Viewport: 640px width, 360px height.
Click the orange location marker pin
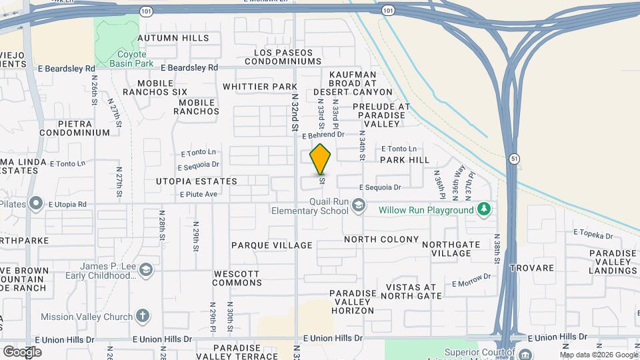pos(321,159)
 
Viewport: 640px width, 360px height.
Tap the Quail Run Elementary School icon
pos(359,205)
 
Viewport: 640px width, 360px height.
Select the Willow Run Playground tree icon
pos(484,210)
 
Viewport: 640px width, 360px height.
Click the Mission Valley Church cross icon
pos(142,316)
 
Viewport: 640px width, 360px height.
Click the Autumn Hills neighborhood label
pos(173,39)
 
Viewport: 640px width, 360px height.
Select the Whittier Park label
pos(259,87)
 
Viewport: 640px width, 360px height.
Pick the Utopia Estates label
pos(196,181)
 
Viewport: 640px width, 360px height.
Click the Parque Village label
pos(271,245)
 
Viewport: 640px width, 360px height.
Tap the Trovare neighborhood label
pos(532,268)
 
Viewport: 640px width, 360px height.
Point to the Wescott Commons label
pos(237,278)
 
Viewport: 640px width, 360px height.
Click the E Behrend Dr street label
pos(323,135)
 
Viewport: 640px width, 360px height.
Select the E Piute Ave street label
pos(199,194)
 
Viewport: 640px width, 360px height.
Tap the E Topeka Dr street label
pos(593,235)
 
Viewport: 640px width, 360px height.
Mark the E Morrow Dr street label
pos(471,281)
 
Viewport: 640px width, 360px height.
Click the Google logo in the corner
pos(22,351)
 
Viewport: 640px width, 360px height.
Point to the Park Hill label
pos(405,161)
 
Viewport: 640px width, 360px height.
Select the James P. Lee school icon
pos(146,269)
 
